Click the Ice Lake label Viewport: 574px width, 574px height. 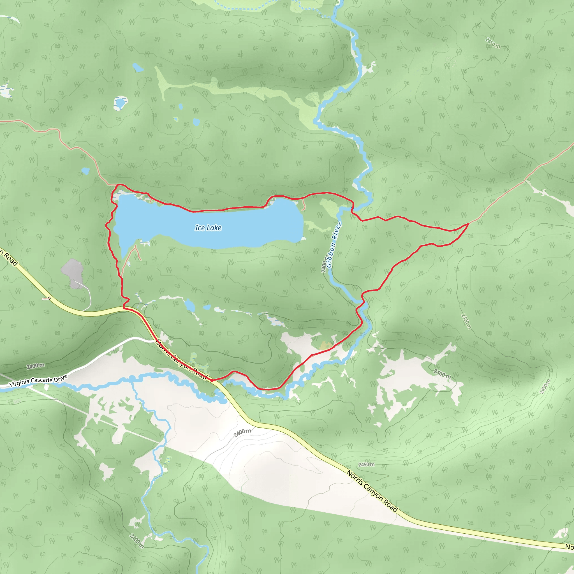tap(208, 228)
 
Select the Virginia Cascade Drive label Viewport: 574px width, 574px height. tap(38, 381)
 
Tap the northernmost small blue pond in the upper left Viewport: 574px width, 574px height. tap(138, 68)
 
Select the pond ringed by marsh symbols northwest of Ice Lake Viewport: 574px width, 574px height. tap(120, 103)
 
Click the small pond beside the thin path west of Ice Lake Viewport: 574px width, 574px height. tap(85, 171)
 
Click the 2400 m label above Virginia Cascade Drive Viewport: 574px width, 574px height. tap(35, 366)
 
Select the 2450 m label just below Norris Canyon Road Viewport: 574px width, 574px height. tap(366, 464)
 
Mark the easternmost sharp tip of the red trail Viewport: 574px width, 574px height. tap(469, 224)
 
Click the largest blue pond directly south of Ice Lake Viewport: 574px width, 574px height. tap(189, 305)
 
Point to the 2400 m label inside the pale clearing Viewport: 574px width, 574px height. tap(242, 433)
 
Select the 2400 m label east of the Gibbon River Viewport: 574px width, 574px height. tap(442, 374)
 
